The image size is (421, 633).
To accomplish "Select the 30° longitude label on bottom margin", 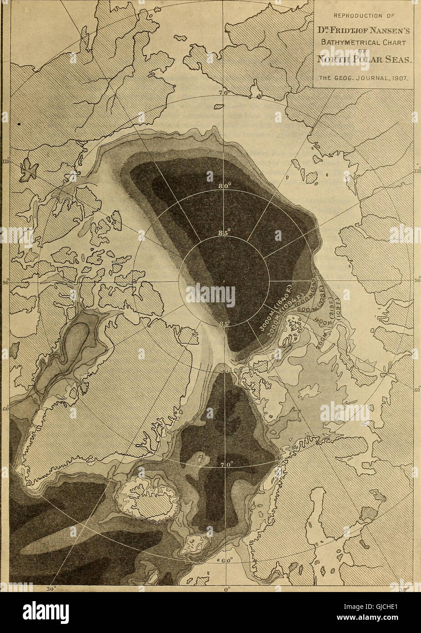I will (x=51, y=588).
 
